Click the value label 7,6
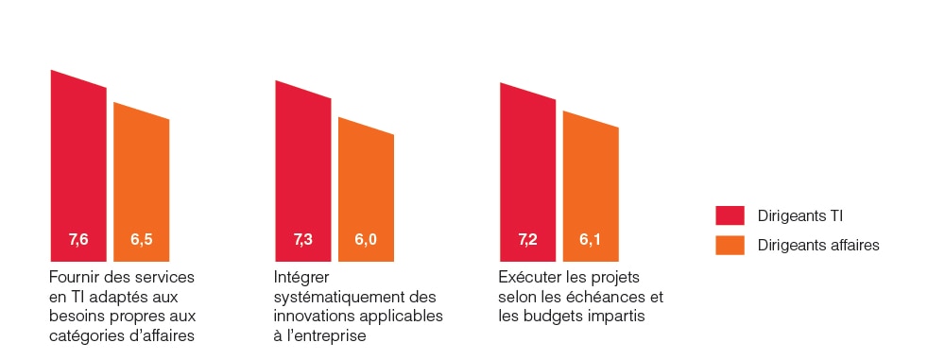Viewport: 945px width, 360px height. [x=78, y=240]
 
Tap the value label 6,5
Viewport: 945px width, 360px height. [x=142, y=240]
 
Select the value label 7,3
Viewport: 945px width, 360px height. [x=303, y=240]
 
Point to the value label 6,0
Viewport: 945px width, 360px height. [x=366, y=240]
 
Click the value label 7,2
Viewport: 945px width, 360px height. [x=527, y=240]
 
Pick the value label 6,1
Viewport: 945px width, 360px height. [x=590, y=240]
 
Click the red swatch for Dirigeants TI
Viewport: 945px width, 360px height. [x=730, y=216]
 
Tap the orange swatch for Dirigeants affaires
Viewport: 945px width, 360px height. [x=730, y=245]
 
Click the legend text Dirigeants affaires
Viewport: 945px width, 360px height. [x=818, y=245]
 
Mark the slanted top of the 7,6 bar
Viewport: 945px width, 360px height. [x=78, y=79]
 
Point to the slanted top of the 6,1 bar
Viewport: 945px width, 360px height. [x=591, y=120]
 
